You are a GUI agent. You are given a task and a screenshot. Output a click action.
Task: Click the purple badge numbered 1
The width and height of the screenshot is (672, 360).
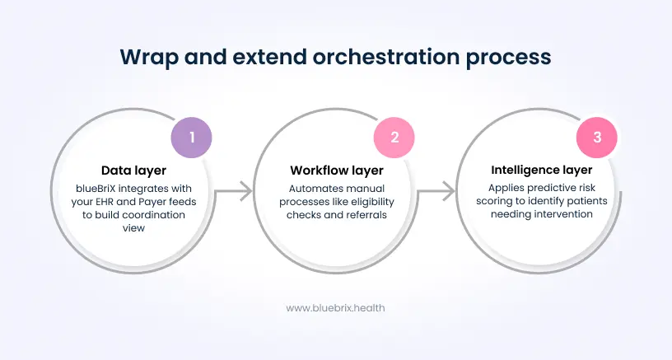point(192,138)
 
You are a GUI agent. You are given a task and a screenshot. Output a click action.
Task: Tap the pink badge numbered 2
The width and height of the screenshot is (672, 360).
point(394,138)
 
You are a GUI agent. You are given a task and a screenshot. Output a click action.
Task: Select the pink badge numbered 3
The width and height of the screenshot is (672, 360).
point(597,138)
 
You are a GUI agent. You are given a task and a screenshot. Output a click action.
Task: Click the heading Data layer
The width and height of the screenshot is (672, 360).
point(134,171)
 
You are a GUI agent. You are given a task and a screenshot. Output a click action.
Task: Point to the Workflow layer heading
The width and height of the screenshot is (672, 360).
point(336,171)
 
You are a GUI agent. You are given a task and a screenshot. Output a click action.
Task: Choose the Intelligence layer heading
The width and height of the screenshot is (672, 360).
point(540,171)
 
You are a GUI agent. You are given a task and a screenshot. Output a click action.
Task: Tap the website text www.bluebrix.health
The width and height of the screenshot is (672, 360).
point(335,307)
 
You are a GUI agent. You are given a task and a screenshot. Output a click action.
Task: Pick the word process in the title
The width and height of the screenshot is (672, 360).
point(511,57)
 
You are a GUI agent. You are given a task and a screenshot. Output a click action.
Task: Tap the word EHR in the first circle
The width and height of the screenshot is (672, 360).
point(108,202)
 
